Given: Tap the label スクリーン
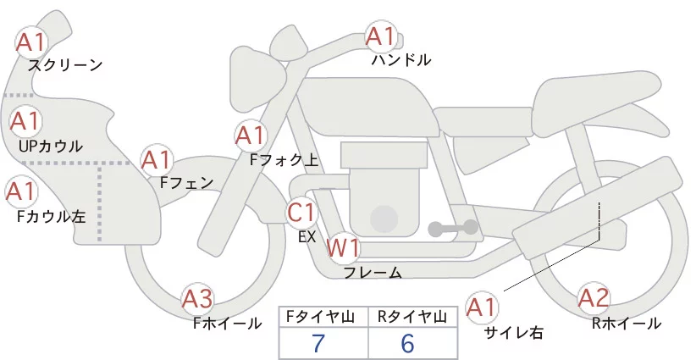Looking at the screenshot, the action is click(65, 64).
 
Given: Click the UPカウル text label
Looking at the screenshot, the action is click(50, 146).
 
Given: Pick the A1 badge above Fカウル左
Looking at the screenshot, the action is click(20, 191).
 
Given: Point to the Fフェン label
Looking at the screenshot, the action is click(186, 181).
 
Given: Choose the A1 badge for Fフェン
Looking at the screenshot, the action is click(157, 158).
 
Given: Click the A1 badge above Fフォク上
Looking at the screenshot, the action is click(250, 134).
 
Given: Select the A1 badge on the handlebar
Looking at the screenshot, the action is click(380, 36).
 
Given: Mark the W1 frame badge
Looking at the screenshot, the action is click(344, 248).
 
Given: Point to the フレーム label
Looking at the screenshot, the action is click(373, 273).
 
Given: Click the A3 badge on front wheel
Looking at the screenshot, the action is click(198, 298).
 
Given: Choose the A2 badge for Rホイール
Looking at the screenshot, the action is click(593, 297).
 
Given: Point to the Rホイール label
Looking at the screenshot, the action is click(627, 323).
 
